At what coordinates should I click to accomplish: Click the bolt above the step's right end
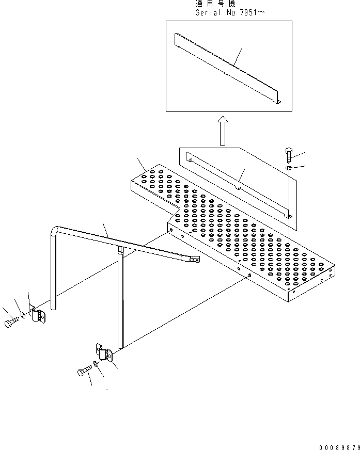289,155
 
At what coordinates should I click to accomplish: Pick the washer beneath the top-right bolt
290,168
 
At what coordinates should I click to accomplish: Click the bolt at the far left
11,322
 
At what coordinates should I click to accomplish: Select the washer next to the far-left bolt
24,315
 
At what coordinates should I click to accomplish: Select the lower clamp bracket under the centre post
105,355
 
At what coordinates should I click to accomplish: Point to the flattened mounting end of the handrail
194,261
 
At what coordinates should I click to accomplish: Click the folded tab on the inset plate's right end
278,102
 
